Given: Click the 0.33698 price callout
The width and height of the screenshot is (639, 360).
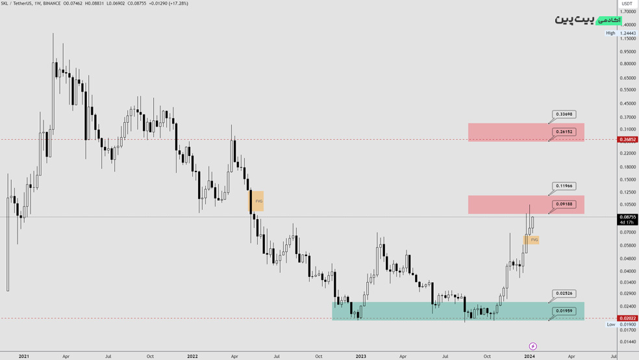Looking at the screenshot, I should pyautogui.click(x=564, y=114).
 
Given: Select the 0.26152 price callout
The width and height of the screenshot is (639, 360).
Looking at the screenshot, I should pyautogui.click(x=564, y=132).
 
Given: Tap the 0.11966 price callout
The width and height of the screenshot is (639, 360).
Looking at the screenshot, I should pyautogui.click(x=564, y=186).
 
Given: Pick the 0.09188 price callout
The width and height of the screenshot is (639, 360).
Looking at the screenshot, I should pyautogui.click(x=564, y=204).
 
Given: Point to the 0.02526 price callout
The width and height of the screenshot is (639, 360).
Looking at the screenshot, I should pyautogui.click(x=564, y=294).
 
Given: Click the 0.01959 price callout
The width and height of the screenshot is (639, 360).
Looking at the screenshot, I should pyautogui.click(x=564, y=311).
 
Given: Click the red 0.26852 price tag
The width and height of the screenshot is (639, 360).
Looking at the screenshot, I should pyautogui.click(x=628, y=140).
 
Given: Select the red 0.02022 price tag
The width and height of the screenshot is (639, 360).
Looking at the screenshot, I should pyautogui.click(x=628, y=318).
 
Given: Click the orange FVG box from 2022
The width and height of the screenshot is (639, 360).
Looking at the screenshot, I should pyautogui.click(x=256, y=201).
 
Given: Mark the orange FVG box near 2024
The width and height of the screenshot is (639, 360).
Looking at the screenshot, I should pyautogui.click(x=532, y=240).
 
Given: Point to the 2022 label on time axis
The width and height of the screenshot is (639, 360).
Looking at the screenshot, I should pyautogui.click(x=192, y=356).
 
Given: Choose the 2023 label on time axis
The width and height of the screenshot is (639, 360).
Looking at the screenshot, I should pyautogui.click(x=361, y=356).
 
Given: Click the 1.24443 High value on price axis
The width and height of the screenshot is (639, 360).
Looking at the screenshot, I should pyautogui.click(x=628, y=33).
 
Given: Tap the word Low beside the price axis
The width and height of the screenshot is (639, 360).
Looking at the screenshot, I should pyautogui.click(x=610, y=324).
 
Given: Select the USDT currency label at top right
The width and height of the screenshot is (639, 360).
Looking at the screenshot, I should pyautogui.click(x=627, y=4).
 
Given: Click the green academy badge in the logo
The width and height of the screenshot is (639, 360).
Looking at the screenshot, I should pyautogui.click(x=608, y=21).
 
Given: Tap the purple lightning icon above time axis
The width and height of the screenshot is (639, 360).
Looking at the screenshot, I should pyautogui.click(x=532, y=346).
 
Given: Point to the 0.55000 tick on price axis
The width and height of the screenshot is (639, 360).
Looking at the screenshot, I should pyautogui.click(x=628, y=90).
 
